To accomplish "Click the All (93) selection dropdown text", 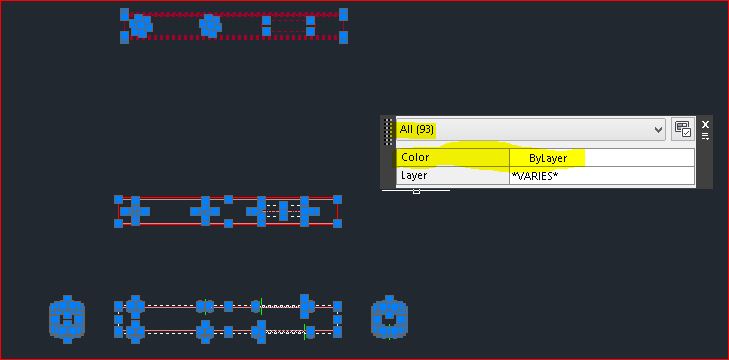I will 416,129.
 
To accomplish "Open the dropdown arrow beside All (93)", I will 658,129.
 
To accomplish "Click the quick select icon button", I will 683,129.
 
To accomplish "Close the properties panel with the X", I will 705,125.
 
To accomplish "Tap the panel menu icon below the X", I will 705,137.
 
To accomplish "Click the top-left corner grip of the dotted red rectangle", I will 125,14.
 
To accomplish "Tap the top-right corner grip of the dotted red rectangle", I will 343,14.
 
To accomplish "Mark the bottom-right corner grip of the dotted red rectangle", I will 343,37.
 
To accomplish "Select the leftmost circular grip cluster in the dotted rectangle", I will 141,25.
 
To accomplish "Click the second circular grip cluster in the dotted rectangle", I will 210,25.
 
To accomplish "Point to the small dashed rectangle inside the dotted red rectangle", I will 291,26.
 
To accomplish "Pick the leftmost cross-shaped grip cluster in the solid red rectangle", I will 136,211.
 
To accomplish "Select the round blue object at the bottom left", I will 67,319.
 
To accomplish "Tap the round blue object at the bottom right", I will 389,319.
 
